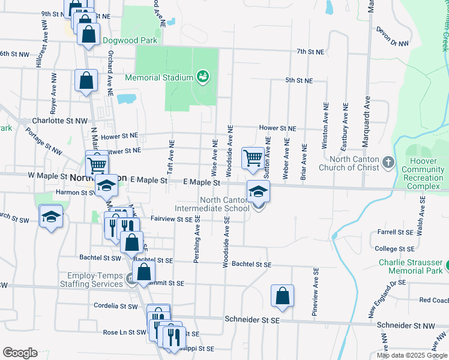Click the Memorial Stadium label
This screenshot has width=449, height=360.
(x=158, y=77)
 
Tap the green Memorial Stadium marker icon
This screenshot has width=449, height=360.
(x=203, y=77)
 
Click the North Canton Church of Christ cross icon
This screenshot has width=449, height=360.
(x=388, y=162)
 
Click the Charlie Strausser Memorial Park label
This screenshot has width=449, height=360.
(x=410, y=266)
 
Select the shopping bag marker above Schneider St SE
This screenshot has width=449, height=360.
(x=282, y=296)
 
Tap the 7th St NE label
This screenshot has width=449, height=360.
(x=310, y=52)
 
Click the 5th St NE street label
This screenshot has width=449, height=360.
(x=298, y=80)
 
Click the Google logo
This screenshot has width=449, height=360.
(x=20, y=353)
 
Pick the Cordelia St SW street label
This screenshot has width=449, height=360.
(x=116, y=306)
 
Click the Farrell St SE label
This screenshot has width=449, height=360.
(x=393, y=232)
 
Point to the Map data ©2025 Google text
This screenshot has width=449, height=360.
(x=411, y=355)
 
